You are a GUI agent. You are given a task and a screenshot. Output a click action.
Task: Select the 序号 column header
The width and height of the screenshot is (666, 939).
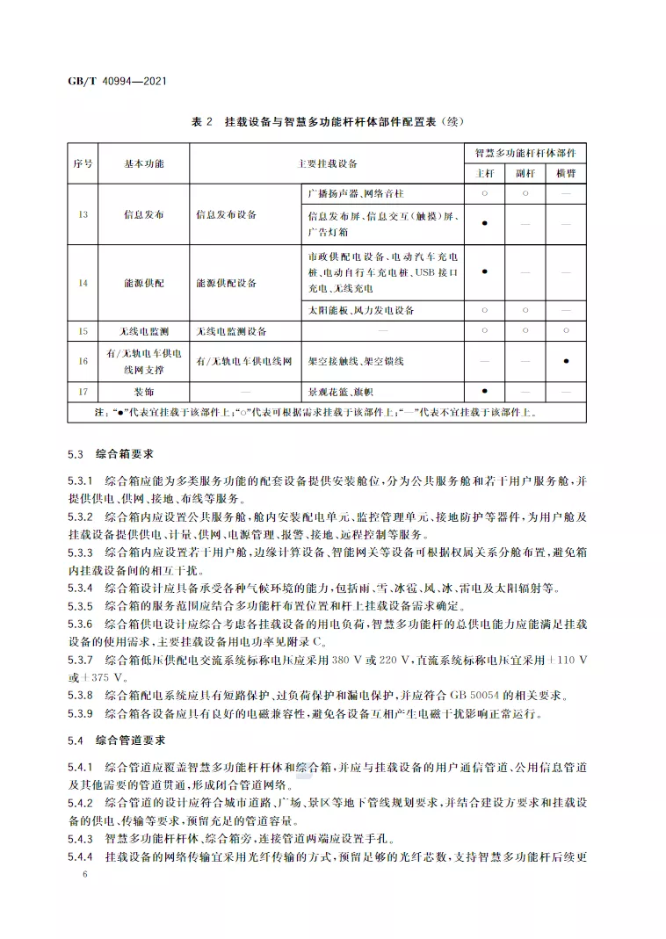pyautogui.click(x=83, y=163)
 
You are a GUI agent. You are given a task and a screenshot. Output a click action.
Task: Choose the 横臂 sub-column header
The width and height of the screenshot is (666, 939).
pyautogui.click(x=566, y=174)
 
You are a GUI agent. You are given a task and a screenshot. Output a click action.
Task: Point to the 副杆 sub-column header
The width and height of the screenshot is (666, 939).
pyautogui.click(x=525, y=174)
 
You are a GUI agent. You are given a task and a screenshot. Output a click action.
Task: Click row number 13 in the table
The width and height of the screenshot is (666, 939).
pyautogui.click(x=83, y=213)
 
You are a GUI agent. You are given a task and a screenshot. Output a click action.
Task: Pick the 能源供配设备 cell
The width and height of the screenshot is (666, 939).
pyautogui.click(x=226, y=283)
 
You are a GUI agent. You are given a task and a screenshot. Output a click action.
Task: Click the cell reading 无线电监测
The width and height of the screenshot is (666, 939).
pyautogui.click(x=143, y=331)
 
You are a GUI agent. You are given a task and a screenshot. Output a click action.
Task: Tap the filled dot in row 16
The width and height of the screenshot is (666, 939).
pyautogui.click(x=566, y=361)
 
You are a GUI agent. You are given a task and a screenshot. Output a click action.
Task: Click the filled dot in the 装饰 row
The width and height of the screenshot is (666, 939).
pyautogui.click(x=485, y=391)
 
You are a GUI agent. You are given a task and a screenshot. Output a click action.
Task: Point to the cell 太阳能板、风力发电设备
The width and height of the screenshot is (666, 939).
pyautogui.click(x=361, y=311)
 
